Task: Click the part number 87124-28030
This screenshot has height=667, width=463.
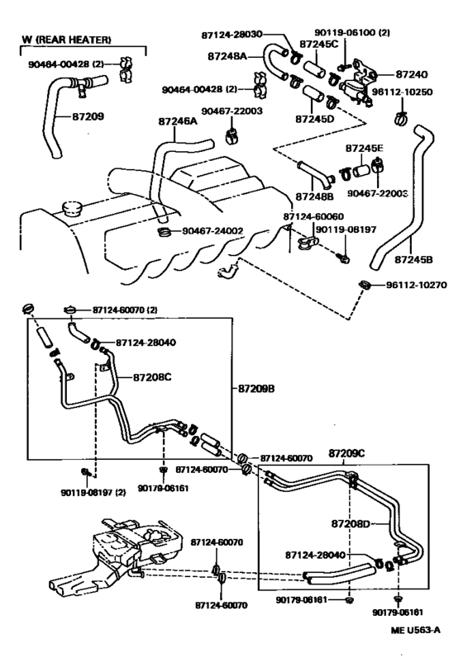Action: [x=242, y=34]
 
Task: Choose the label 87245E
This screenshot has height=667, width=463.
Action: [x=365, y=148]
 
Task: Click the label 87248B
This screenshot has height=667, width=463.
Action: [x=313, y=198]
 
